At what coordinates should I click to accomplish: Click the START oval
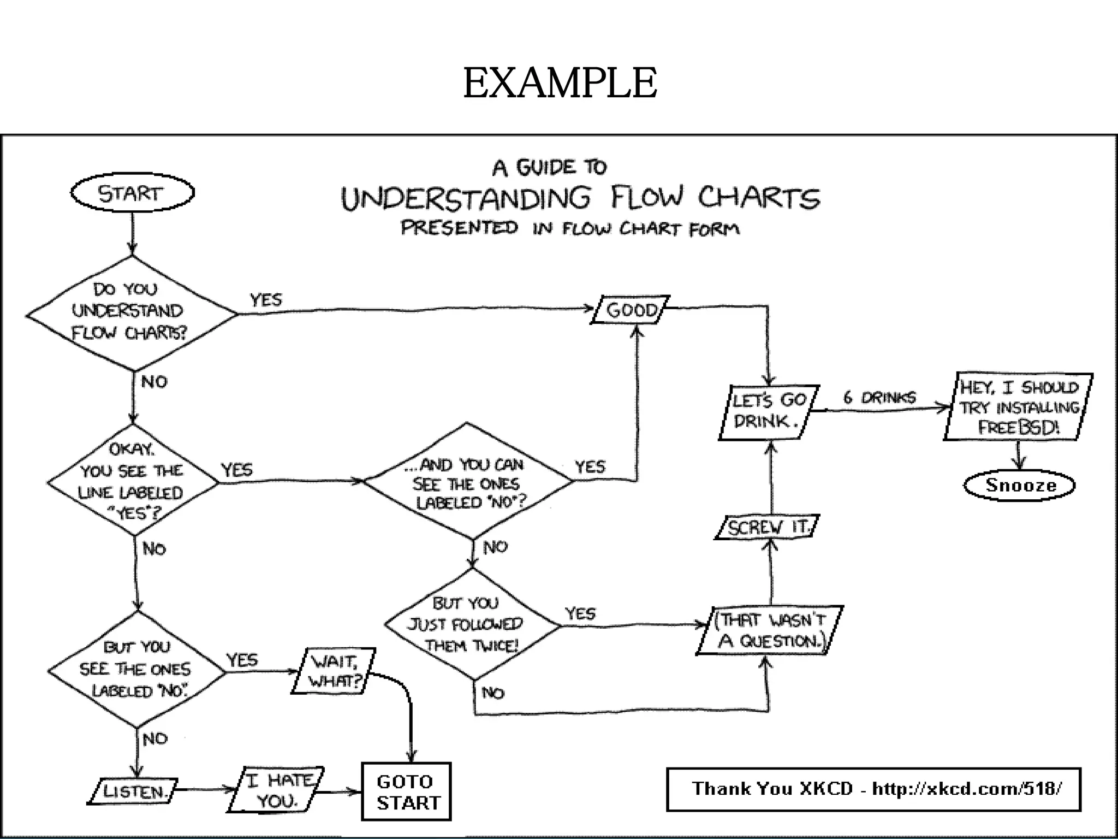(132, 193)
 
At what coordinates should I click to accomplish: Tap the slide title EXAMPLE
(560, 83)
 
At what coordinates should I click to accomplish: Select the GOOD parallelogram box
(631, 310)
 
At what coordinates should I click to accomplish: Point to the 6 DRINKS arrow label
(879, 397)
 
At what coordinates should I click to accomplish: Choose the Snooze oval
(1019, 485)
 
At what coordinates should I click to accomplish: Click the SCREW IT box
(768, 527)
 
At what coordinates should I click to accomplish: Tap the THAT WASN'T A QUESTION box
(770, 630)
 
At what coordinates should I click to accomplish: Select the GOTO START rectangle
(407, 791)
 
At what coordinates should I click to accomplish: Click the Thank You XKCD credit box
(873, 789)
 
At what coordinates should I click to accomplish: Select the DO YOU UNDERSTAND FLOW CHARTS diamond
(131, 312)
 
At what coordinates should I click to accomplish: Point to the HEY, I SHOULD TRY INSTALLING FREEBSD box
(1019, 407)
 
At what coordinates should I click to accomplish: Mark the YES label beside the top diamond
(266, 299)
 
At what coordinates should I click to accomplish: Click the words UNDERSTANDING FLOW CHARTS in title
(580, 198)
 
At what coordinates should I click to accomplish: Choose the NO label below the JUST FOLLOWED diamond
(492, 693)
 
